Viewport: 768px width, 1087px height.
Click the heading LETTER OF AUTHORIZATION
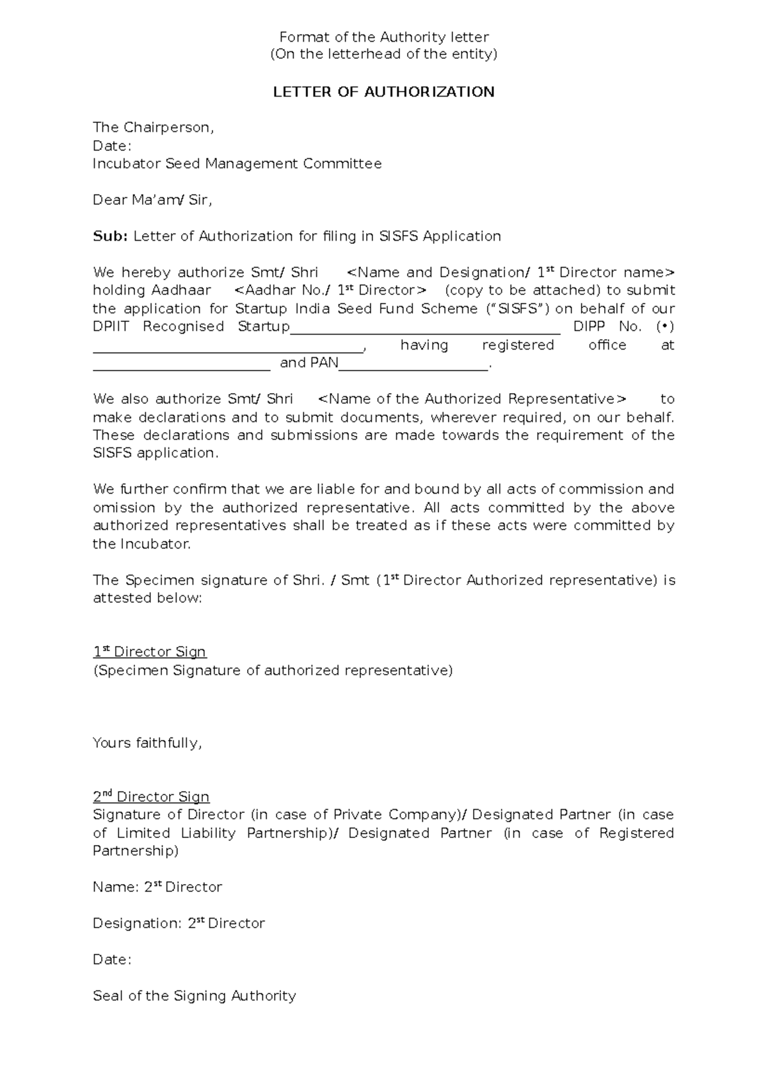point(383,92)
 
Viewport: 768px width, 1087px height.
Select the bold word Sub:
point(111,236)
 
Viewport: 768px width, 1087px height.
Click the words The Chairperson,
point(153,127)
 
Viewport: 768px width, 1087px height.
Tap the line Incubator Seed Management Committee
point(237,164)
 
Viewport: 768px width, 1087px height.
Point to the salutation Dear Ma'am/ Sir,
point(152,200)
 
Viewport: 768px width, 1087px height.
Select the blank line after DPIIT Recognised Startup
point(425,332)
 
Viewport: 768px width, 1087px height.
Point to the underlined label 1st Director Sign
point(150,652)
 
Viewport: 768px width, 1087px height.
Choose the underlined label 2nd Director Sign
point(151,797)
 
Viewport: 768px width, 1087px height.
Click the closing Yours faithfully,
point(147,743)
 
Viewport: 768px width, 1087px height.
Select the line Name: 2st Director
point(157,887)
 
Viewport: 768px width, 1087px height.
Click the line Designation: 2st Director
point(179,924)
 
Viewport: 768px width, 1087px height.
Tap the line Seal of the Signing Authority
point(194,996)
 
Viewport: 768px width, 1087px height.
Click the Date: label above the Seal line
point(112,960)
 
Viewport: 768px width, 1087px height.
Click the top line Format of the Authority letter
point(384,37)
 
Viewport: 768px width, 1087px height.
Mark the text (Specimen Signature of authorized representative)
point(273,671)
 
